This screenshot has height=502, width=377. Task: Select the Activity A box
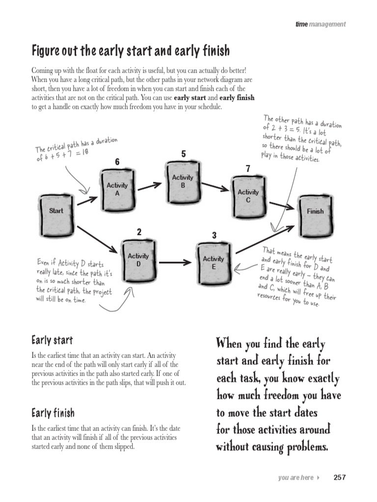coord(117,189)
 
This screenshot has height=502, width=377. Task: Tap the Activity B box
coord(183,181)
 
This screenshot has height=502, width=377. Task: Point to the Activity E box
coord(213,262)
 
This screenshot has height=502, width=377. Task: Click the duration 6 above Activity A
coord(117,162)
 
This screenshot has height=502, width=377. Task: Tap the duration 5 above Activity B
coord(183,154)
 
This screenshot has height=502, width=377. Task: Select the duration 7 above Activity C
coord(248,169)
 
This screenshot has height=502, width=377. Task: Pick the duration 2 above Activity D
coord(139,232)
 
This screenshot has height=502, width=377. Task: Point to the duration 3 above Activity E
coord(214,236)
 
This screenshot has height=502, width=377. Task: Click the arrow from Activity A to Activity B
coord(149,185)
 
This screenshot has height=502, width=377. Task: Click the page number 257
coord(340,477)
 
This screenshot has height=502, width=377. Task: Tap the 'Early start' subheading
coord(52,340)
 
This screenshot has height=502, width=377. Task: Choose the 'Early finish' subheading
coord(53,412)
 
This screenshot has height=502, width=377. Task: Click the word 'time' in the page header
coord(301,24)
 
